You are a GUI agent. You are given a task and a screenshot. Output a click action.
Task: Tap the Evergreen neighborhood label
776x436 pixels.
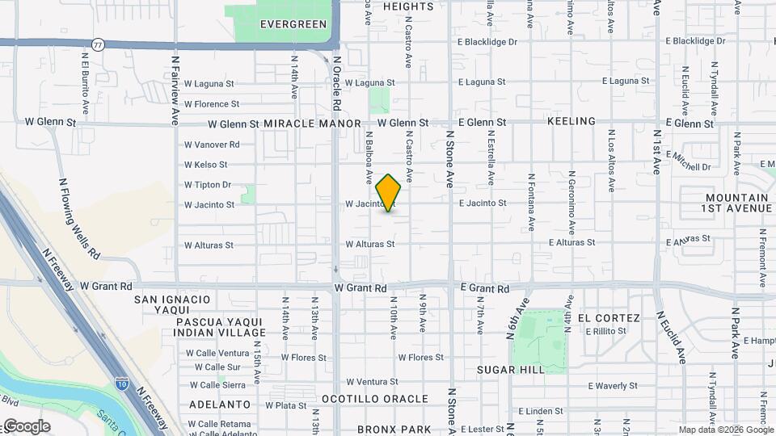[293, 24]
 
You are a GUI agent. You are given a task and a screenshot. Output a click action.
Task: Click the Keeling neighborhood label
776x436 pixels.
[571, 121]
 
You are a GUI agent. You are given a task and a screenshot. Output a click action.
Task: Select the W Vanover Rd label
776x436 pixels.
[212, 145]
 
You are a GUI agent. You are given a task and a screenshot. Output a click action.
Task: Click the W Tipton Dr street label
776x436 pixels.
[208, 185]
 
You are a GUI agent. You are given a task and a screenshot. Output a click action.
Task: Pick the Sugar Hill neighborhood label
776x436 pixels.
[512, 369]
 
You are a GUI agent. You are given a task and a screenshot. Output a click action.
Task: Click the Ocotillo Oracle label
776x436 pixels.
[374, 399]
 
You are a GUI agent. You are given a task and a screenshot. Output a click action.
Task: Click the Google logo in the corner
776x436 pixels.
[26, 426]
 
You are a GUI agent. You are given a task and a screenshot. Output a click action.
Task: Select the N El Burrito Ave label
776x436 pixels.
[85, 83]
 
